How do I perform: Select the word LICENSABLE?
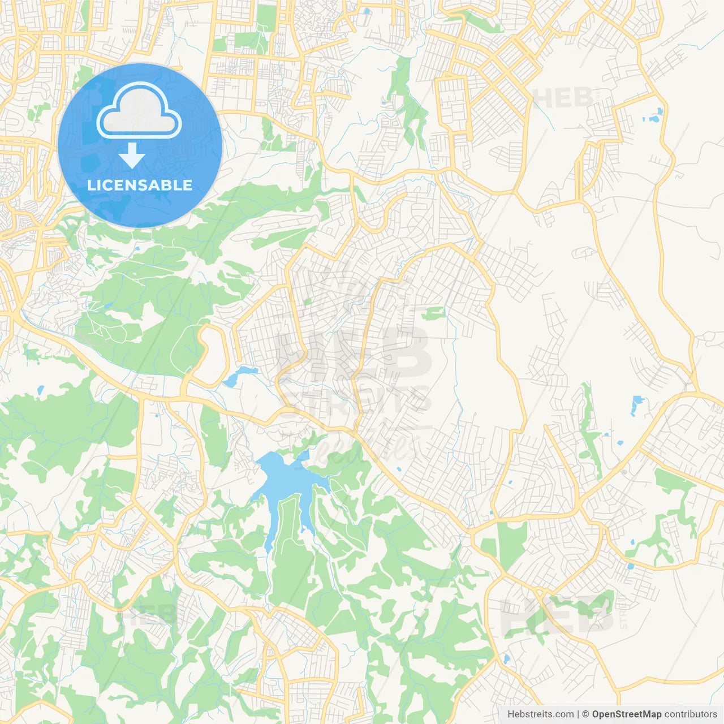coord(140,185)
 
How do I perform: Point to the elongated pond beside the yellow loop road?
coord(240,376)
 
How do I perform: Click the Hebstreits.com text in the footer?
coord(540,714)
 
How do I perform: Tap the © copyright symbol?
coord(586,714)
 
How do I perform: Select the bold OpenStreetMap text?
coord(626,714)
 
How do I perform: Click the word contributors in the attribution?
coord(691,714)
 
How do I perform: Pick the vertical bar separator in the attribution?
coord(579,714)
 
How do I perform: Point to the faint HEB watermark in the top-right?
coord(563,98)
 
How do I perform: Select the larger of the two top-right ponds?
coord(654,119)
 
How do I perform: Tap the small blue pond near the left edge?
coord(40,390)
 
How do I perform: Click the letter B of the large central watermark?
coord(404,354)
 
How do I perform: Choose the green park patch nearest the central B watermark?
coord(433,312)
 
